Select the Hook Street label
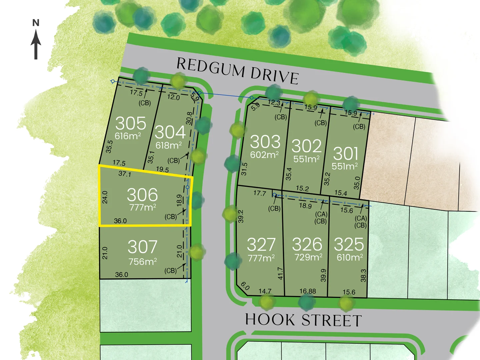(303, 320)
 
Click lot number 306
(142, 195)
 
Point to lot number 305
(131, 123)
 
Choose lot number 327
(261, 245)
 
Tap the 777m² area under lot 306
(143, 207)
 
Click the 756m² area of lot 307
(143, 262)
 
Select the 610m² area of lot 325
(350, 257)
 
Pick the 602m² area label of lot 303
(264, 155)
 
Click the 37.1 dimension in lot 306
(125, 174)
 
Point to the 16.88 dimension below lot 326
(307, 291)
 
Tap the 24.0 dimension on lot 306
(105, 197)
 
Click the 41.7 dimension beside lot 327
(280, 273)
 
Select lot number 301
(346, 154)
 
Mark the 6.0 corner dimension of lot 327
(245, 286)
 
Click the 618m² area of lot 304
(169, 145)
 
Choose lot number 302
(306, 146)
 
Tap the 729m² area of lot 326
(308, 257)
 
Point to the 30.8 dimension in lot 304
(189, 118)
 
